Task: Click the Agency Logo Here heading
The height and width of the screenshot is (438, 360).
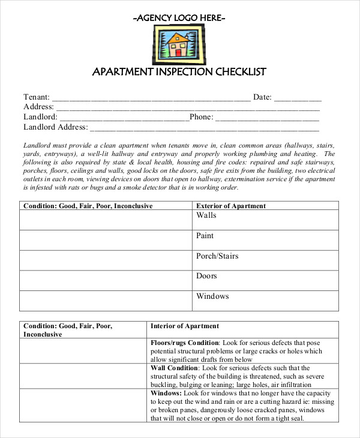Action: tap(179, 18)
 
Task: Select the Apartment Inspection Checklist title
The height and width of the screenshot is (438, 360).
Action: tap(179, 72)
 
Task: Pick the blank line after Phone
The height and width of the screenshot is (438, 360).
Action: tap(267, 118)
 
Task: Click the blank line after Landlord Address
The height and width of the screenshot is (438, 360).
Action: tap(204, 128)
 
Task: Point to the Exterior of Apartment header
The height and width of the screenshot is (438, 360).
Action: tap(231, 206)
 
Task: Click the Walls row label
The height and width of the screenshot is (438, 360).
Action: tap(206, 215)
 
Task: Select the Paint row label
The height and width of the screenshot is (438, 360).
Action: tap(205, 236)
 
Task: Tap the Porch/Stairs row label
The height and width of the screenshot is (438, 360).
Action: tap(217, 256)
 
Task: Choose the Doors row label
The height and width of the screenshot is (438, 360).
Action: tap(206, 276)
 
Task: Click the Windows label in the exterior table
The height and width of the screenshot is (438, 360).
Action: tap(212, 296)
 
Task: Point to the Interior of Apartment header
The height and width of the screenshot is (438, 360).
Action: tap(185, 326)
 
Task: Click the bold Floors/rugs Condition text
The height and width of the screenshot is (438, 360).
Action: tap(185, 343)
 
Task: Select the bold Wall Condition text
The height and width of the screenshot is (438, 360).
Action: tap(174, 368)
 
